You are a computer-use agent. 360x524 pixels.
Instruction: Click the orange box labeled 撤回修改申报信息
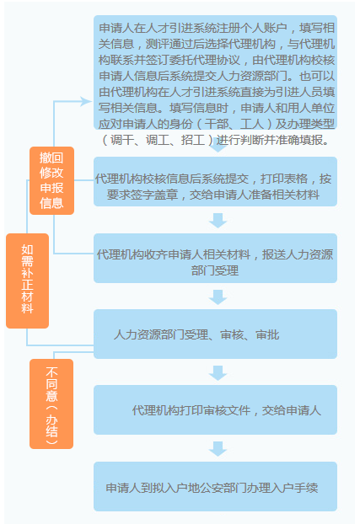click(52, 180)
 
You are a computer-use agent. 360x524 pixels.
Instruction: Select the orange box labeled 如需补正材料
click(28, 281)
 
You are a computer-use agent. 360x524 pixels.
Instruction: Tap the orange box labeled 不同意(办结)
click(51, 404)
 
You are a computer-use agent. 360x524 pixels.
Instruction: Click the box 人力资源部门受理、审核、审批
click(215, 334)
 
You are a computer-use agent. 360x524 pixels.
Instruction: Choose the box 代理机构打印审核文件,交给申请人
click(215, 409)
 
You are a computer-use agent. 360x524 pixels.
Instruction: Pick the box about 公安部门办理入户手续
click(215, 487)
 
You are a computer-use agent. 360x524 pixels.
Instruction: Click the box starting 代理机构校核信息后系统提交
click(215, 181)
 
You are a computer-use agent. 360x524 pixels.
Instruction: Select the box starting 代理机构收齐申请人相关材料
click(215, 258)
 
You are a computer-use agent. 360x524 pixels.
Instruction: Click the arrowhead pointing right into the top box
click(86, 101)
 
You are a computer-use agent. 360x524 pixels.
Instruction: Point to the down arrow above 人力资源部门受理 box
click(218, 297)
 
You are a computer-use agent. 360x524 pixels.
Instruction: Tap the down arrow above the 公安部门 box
click(218, 449)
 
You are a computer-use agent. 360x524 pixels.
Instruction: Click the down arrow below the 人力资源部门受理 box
click(218, 373)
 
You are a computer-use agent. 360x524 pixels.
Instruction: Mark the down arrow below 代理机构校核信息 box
click(218, 221)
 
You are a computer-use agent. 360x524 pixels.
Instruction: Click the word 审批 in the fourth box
click(267, 334)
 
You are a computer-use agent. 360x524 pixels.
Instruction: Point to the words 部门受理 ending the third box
click(215, 270)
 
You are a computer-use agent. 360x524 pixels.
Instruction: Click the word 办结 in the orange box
click(51, 425)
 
